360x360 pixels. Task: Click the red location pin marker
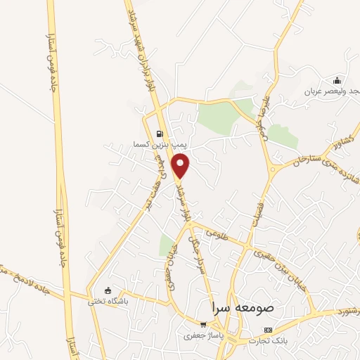(x=182, y=166)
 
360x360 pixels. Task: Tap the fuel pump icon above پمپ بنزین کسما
(x=160, y=134)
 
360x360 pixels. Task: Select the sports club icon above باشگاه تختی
(x=108, y=290)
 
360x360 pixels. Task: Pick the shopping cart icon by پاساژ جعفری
(x=202, y=325)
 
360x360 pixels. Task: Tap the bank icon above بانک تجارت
(x=267, y=330)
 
